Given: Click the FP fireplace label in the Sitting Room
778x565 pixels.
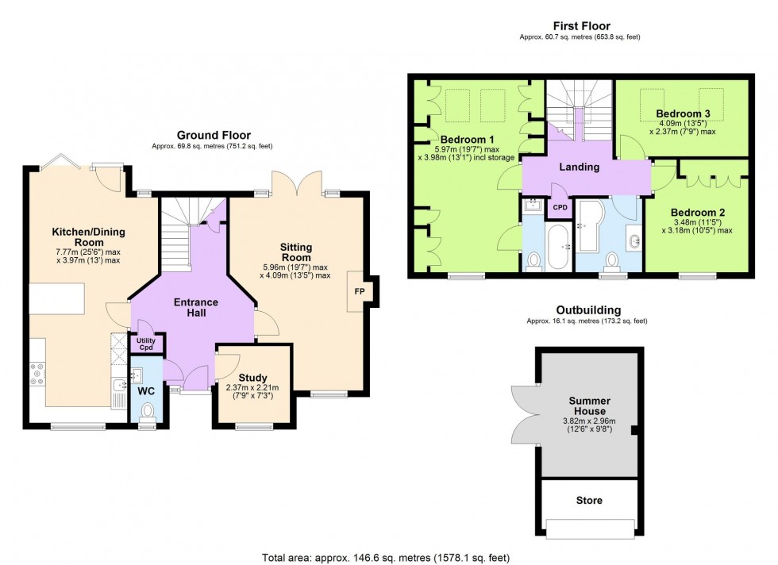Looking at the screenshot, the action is [359, 291].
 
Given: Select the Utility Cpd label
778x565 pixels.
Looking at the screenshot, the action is [146, 344].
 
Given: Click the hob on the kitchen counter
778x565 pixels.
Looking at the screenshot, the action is [38, 374].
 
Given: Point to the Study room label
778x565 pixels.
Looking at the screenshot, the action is [252, 378].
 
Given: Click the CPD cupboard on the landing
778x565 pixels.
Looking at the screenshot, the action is [560, 207].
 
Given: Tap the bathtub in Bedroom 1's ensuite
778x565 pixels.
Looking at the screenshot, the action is [559, 247].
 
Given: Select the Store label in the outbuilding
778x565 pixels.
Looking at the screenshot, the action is [589, 500].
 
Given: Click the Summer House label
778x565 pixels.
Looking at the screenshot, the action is [589, 405].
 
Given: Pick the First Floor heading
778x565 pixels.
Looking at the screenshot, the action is [581, 26].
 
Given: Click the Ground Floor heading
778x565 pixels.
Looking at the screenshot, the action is [214, 135].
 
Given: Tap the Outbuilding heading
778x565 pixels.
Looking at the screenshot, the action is [588, 310].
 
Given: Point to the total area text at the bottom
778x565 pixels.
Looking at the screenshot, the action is [386, 558].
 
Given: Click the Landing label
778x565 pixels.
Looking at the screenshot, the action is [579, 167].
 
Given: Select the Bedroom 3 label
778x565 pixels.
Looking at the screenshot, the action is [682, 113].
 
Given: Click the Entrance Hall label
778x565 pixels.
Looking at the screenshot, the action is [196, 308].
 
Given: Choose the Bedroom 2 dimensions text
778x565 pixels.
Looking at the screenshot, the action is [697, 226].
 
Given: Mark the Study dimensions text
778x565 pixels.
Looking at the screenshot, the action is [252, 391].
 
